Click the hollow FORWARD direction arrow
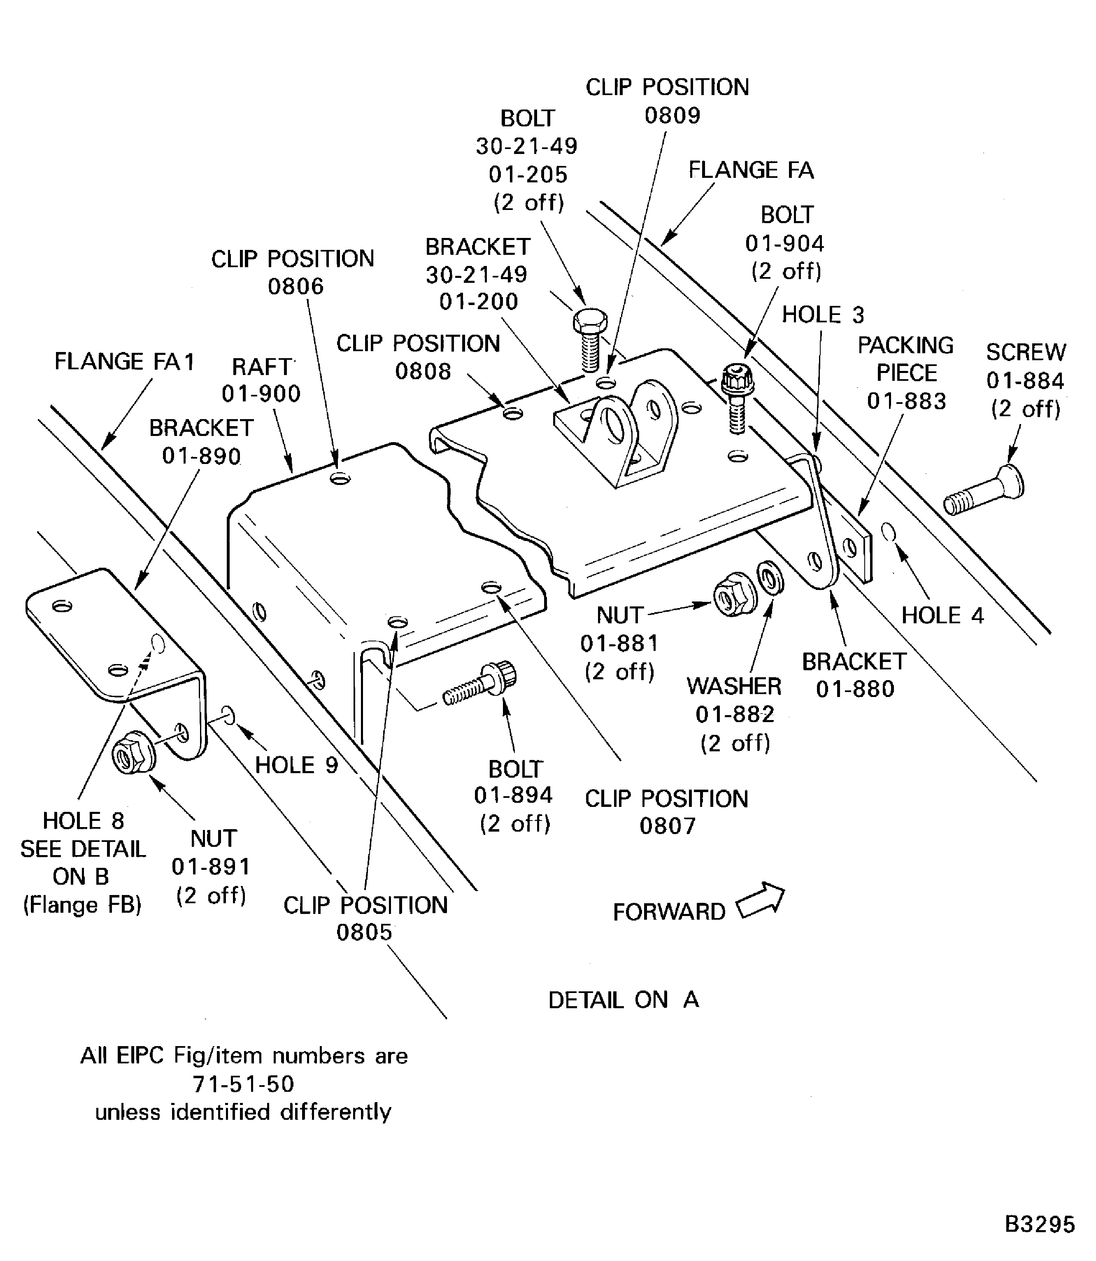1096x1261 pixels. pyautogui.click(x=760, y=901)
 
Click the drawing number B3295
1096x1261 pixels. pyautogui.click(x=1039, y=1224)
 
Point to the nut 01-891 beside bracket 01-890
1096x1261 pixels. pyautogui.click(x=134, y=753)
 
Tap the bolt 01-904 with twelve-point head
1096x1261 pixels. pyautogui.click(x=738, y=397)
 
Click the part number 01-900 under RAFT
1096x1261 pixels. pyautogui.click(x=261, y=394)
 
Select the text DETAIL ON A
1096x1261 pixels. pyautogui.click(x=623, y=1000)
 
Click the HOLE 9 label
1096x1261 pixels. pyautogui.click(x=296, y=765)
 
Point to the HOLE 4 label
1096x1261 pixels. pyautogui.click(x=942, y=615)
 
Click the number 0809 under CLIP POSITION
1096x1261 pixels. pyautogui.click(x=672, y=115)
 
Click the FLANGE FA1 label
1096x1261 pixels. pyautogui.click(x=124, y=361)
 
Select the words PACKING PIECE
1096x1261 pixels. pyautogui.click(x=905, y=359)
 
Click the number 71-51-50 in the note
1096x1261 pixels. pyautogui.click(x=243, y=1084)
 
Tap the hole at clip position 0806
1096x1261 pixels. pyautogui.click(x=340, y=478)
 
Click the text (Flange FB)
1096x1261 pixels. pyautogui.click(x=83, y=904)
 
